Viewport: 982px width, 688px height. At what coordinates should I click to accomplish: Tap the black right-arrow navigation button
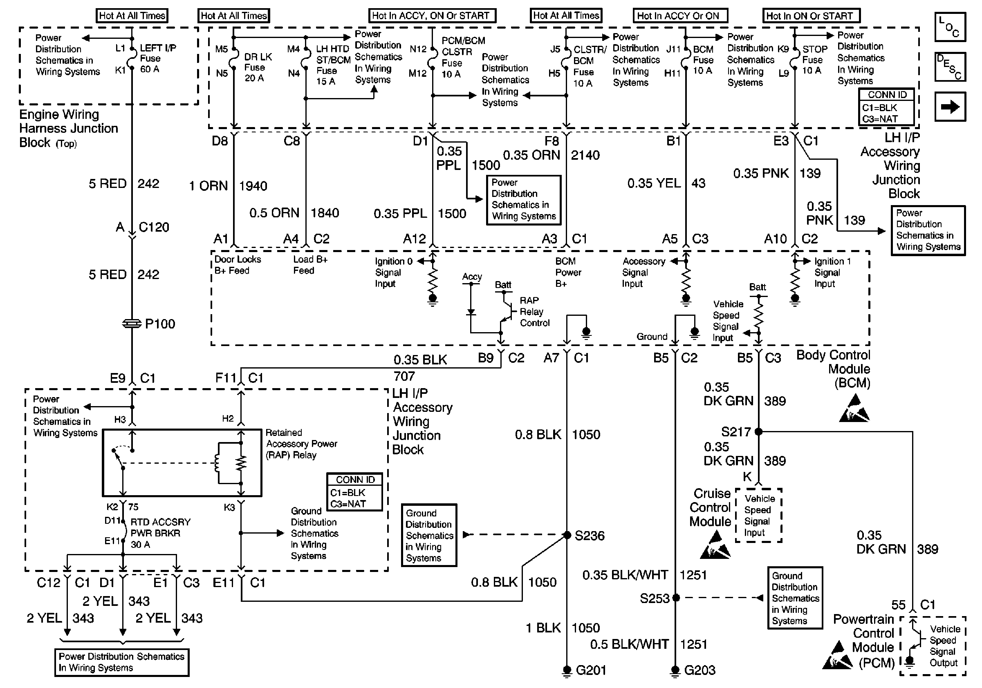[x=950, y=107]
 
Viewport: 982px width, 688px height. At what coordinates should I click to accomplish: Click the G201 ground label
[x=591, y=670]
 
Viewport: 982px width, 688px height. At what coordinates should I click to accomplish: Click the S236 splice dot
[x=567, y=535]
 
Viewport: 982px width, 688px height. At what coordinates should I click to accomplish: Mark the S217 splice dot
[x=758, y=431]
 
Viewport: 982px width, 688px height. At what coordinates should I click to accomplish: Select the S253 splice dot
[x=676, y=598]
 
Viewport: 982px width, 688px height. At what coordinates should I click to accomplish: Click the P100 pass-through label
[x=160, y=324]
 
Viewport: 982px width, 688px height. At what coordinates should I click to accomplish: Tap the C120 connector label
[x=154, y=227]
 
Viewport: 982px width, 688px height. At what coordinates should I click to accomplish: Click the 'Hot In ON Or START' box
[x=812, y=16]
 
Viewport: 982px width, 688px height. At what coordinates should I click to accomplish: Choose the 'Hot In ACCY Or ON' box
[x=680, y=16]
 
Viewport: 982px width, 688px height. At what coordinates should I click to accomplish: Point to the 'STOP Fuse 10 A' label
[x=814, y=60]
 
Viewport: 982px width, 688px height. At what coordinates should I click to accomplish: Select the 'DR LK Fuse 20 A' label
[x=258, y=67]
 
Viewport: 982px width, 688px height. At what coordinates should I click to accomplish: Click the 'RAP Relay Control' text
[x=535, y=312]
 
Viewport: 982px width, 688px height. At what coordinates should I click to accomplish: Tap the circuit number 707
[x=404, y=376]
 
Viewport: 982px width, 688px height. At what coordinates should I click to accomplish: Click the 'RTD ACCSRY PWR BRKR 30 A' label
[x=160, y=533]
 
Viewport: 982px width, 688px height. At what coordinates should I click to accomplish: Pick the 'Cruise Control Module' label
[x=710, y=507]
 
